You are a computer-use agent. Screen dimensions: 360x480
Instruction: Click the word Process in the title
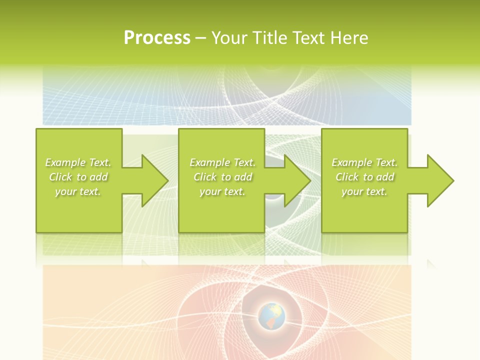click(157, 38)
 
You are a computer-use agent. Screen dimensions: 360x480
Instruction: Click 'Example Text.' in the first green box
click(78, 162)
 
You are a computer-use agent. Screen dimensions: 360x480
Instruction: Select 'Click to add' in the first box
click(78, 177)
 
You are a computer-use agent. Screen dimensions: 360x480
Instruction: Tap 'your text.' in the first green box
click(78, 191)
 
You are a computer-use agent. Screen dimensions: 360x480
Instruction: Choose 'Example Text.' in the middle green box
click(222, 162)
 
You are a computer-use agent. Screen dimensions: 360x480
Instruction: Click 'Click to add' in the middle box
click(222, 177)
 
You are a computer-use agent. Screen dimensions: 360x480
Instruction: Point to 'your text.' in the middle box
click(222, 191)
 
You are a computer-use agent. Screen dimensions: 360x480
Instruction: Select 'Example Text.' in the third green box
click(364, 162)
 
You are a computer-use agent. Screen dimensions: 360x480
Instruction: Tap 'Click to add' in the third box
click(364, 177)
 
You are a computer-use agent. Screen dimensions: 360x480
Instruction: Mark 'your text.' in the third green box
click(364, 191)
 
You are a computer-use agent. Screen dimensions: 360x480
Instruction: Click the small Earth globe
click(271, 316)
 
